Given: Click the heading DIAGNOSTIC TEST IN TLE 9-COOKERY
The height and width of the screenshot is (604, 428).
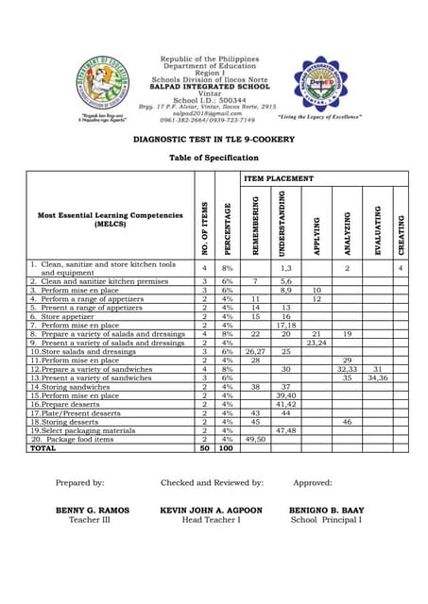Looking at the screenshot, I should coord(214,139).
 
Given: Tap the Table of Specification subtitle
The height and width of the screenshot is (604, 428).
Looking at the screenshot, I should coord(214,158).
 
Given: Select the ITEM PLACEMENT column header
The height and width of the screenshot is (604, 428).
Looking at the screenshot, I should coord(279,177).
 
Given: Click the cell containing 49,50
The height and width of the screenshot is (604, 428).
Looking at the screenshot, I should coord(256,439).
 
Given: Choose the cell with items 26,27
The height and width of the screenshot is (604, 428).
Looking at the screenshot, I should coord(256,351).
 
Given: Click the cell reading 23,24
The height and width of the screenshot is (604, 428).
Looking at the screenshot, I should coord(317,343).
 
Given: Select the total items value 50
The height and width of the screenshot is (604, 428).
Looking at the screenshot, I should coord(205,448).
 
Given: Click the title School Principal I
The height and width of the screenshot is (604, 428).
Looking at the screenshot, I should coord(326,519).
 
